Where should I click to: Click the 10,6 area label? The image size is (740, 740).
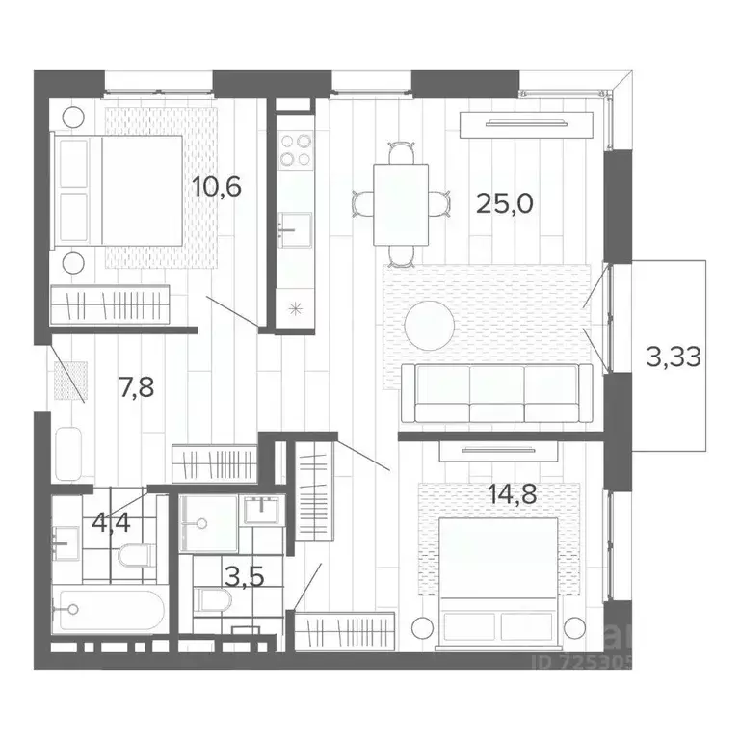coord(216,186)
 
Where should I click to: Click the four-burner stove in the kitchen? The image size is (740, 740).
coord(295,149)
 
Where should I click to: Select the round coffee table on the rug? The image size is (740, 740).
coord(430,325)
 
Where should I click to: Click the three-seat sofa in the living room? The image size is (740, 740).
coord(496,393)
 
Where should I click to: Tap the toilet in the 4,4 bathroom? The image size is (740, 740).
coord(137,555)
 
